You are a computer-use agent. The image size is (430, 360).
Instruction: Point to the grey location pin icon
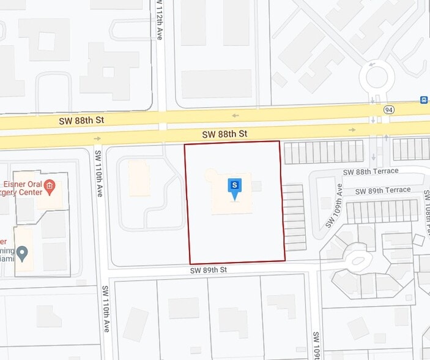click(23, 252)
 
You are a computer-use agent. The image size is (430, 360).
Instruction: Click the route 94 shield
click(389, 109)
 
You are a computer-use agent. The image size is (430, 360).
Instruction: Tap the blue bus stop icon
click(423, 100)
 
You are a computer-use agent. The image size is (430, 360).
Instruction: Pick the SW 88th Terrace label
click(371, 171)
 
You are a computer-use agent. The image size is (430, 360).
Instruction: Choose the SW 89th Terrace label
click(383, 190)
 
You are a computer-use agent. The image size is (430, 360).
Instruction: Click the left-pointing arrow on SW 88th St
click(235, 115)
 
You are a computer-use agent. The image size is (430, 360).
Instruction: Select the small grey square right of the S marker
click(257, 186)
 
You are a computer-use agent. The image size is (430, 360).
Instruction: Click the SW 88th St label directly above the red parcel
click(225, 133)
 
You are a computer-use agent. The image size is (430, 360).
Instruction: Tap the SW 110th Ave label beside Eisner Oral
click(99, 179)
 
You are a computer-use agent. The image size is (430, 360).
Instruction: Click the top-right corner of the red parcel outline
click(280, 141)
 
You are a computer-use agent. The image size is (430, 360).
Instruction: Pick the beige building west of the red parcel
click(139, 178)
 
